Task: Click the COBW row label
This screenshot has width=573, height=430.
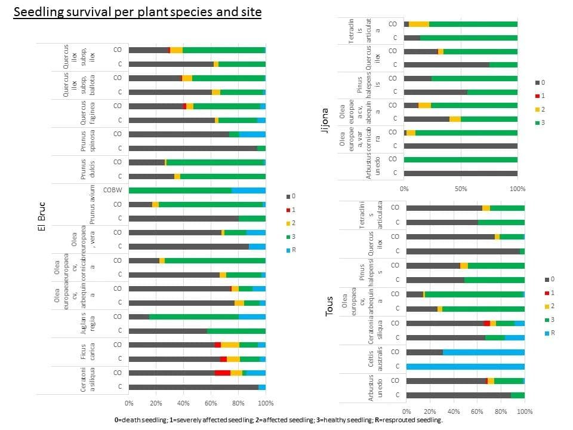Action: coord(113,190)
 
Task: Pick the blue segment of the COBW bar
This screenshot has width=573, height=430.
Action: coord(248,190)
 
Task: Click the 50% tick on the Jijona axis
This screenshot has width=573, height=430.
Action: coord(461,189)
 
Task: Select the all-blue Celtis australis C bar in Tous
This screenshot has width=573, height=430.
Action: coord(466,366)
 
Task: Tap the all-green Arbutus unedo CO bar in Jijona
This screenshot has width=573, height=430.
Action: coord(461,159)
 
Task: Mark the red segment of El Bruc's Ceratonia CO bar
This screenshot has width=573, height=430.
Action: coord(223,373)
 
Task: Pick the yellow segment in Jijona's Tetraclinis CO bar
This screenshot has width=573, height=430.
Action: coord(419,24)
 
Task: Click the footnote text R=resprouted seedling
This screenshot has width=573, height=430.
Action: coord(411,420)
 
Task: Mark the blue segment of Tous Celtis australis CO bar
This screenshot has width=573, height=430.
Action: coord(483,352)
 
